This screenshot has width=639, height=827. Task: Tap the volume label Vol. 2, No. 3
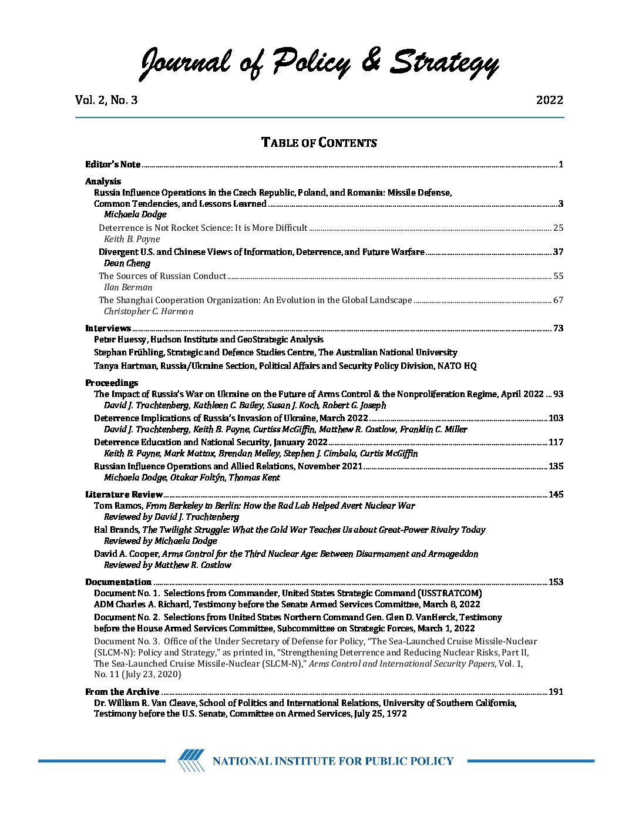106,100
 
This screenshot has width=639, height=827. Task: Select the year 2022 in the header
549,100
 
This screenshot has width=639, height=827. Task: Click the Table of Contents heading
319,143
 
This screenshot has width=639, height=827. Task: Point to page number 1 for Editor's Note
561,164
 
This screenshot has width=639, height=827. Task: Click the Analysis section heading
103,181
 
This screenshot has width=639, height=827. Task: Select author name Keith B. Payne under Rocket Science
132,239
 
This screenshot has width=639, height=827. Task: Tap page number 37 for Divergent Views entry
558,252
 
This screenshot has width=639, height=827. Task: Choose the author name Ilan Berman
128,287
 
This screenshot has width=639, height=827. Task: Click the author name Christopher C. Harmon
149,311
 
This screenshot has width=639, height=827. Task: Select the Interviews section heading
108,328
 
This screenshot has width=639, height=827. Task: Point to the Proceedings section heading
112,383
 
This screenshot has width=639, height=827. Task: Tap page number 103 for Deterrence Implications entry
556,418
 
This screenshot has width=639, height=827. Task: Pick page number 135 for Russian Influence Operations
556,466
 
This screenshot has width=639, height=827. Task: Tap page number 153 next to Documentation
556,582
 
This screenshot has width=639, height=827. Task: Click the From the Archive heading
122,692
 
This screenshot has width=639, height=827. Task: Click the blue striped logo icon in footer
191,761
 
